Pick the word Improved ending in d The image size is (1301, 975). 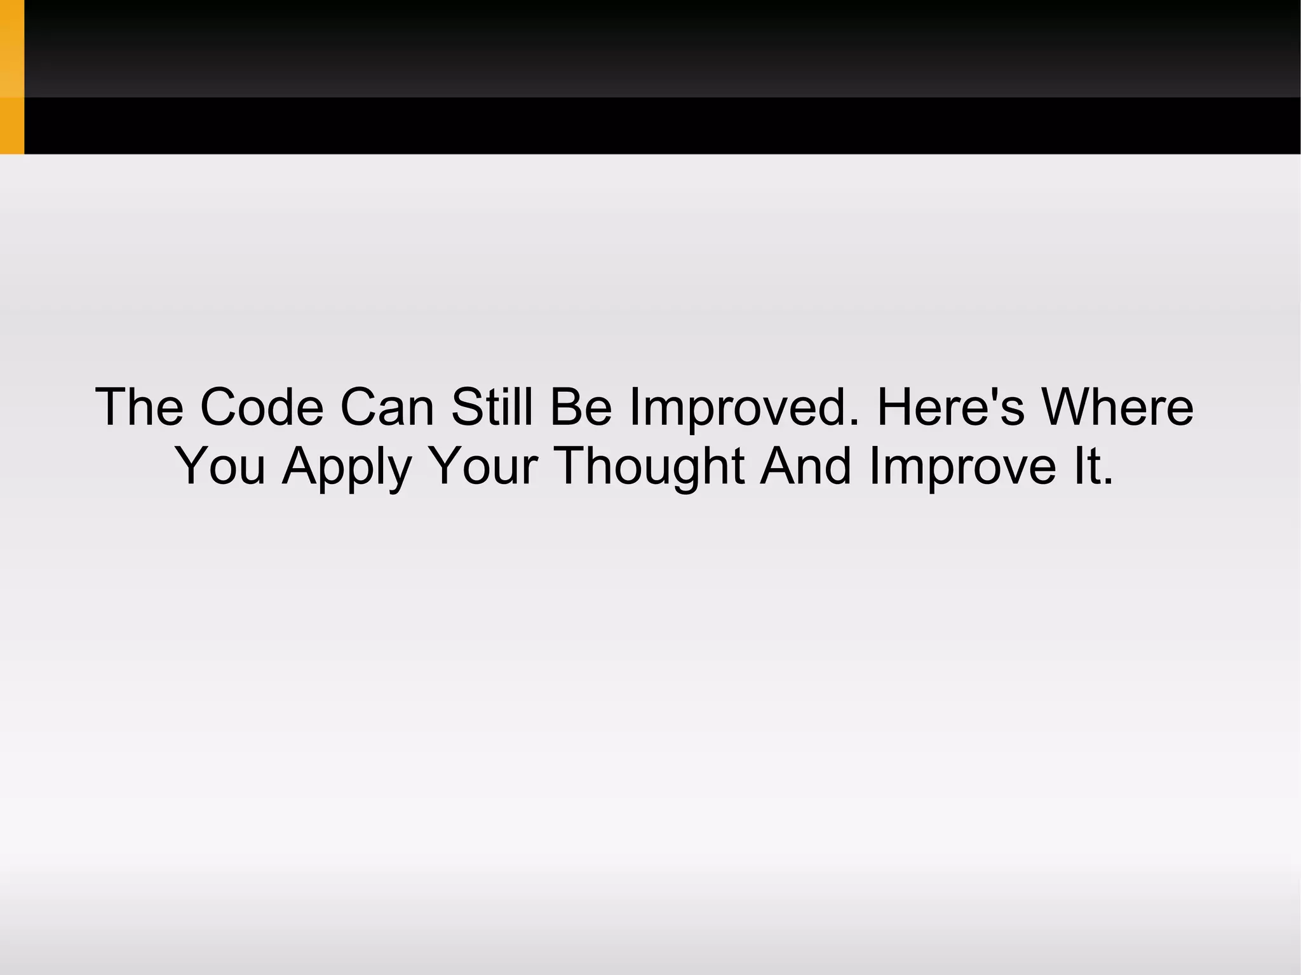(x=737, y=408)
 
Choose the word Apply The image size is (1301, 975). (x=347, y=467)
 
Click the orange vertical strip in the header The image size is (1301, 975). (x=12, y=77)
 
